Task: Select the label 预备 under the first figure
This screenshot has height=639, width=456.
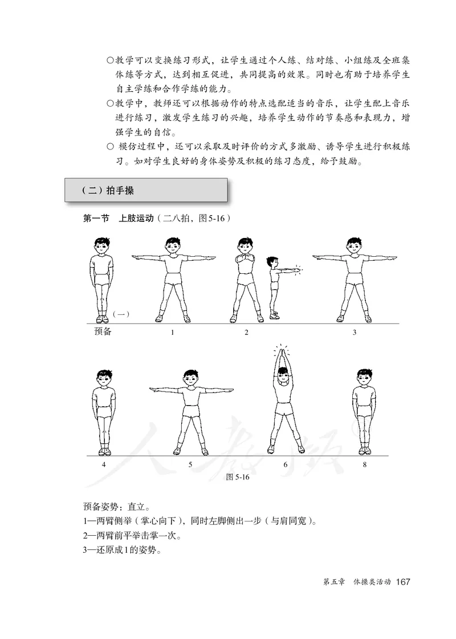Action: tap(103, 331)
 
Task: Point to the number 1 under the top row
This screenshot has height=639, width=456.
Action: tap(172, 333)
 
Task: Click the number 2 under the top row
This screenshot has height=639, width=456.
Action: tap(247, 333)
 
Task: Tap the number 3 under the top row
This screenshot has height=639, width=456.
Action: tap(354, 333)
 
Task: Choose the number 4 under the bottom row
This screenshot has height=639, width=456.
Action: tap(103, 464)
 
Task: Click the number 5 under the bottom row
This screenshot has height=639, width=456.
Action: tap(190, 464)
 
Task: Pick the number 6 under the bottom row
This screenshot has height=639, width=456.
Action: tap(285, 464)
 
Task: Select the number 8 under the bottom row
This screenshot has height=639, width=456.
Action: tap(364, 464)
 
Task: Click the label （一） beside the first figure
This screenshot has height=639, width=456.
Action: tap(122, 313)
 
